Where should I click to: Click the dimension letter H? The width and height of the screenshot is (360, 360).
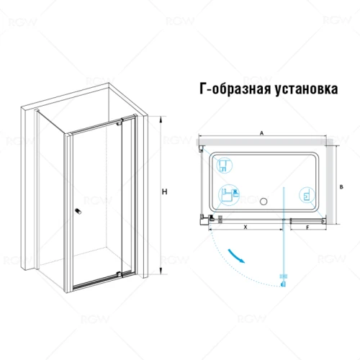pos(164,192)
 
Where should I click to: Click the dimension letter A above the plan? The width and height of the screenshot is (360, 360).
pos(262,133)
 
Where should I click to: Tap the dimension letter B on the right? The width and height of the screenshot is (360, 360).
pos(342,187)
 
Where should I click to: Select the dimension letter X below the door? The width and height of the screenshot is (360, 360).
pos(246,227)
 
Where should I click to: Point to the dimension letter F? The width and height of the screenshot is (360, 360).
pos(307,228)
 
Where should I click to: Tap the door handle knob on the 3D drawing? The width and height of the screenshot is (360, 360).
pos(78,211)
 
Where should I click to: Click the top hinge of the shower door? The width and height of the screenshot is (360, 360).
pos(119,123)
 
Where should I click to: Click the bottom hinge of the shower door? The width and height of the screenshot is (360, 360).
pos(119,274)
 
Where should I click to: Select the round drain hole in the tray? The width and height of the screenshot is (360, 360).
pos(264,201)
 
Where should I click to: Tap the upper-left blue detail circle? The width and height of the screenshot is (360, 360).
pos(225,165)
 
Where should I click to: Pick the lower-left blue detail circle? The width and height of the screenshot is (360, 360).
pos(228,195)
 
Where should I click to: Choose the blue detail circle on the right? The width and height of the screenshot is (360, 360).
pos(307,195)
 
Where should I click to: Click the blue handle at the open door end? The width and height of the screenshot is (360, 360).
pos(284,284)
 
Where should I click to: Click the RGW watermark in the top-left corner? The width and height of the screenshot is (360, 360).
pos(23,22)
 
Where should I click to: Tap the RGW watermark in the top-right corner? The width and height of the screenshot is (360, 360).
pos(337,20)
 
